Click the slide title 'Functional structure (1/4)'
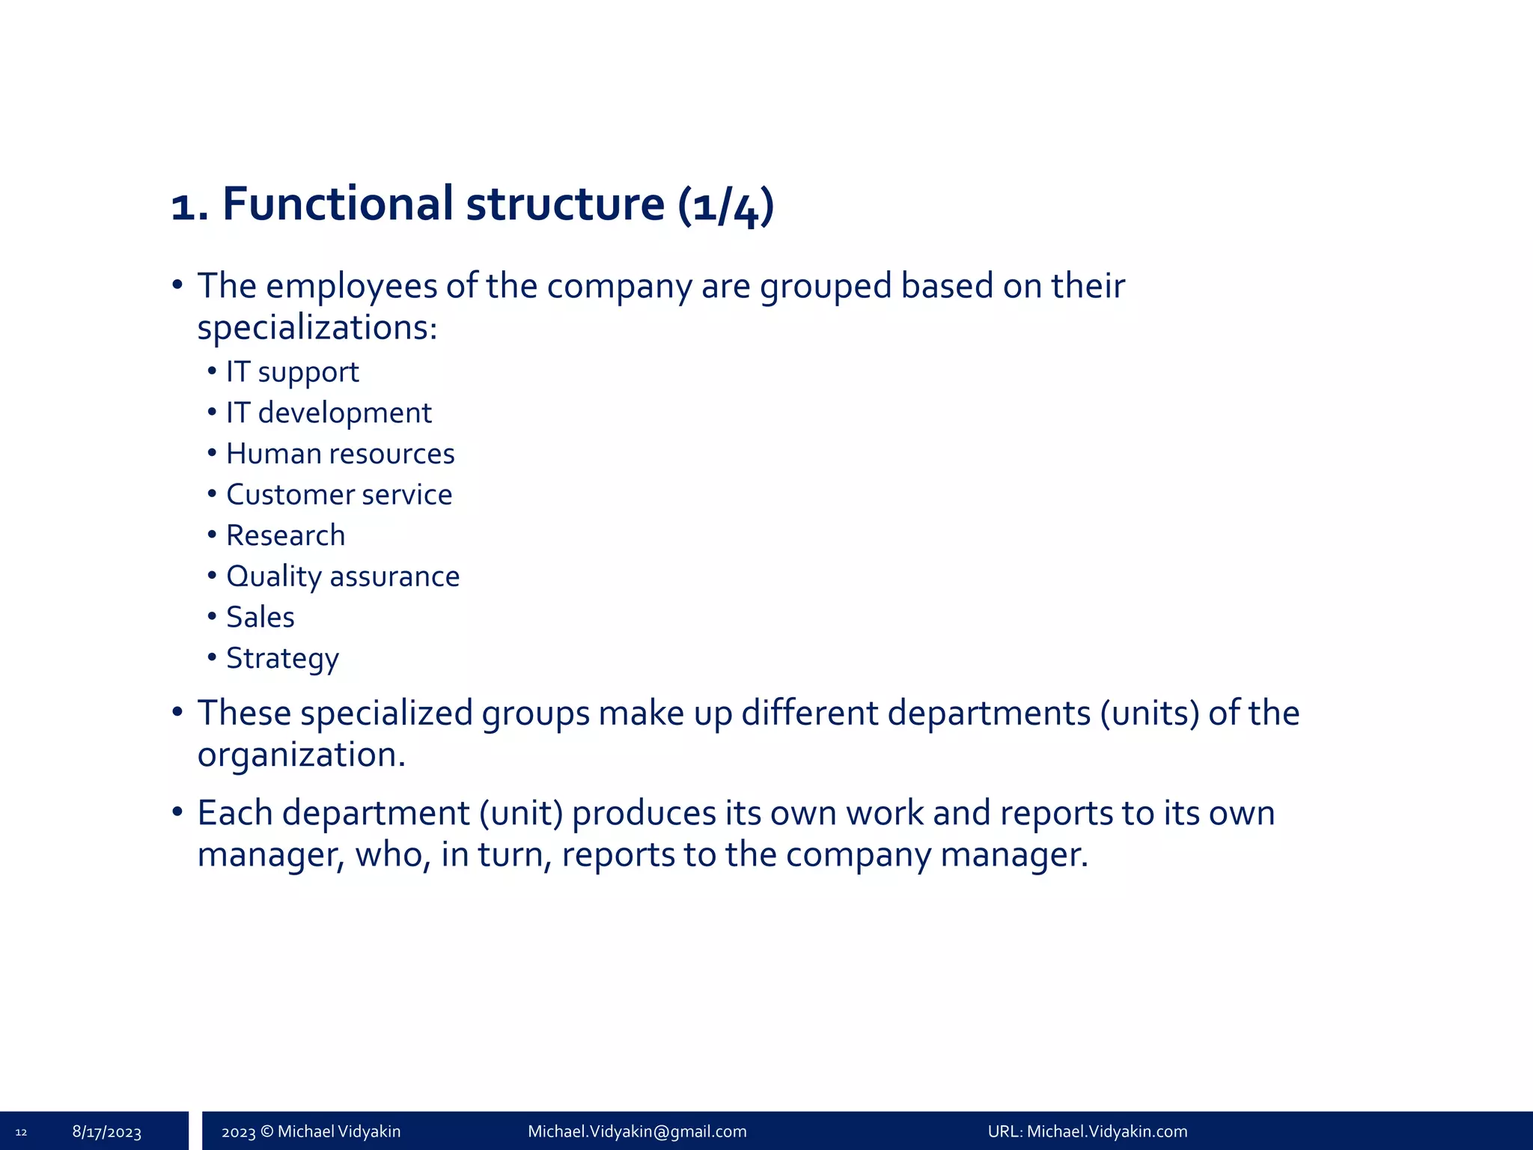(x=472, y=204)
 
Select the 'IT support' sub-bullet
(x=292, y=372)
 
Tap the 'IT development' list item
(x=329, y=413)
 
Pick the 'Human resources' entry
(x=340, y=454)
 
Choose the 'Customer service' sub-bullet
(x=339, y=495)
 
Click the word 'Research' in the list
(x=285, y=536)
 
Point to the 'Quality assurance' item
(x=343, y=576)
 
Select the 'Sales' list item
(x=260, y=618)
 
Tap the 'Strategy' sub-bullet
(x=282, y=659)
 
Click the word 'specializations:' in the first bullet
(x=317, y=328)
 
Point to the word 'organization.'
(x=301, y=755)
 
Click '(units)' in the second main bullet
(x=1150, y=713)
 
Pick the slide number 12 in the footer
(x=21, y=1132)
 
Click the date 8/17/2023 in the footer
(x=107, y=1132)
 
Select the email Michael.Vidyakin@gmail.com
(x=637, y=1131)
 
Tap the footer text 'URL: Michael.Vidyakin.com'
(x=1087, y=1131)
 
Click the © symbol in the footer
(x=266, y=1131)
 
